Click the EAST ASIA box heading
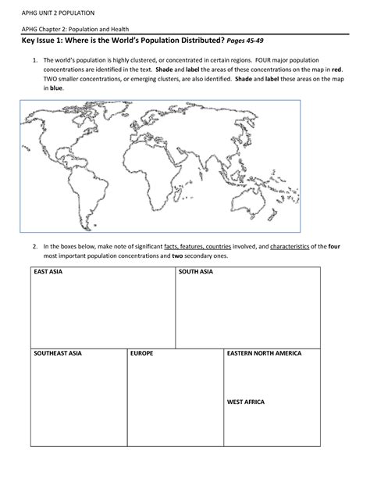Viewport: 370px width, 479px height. [x=46, y=272]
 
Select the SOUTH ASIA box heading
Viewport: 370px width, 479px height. [x=195, y=272]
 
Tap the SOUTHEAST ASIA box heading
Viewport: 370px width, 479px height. [x=57, y=353]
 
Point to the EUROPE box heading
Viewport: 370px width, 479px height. [x=142, y=353]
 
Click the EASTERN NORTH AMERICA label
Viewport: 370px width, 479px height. [x=264, y=353]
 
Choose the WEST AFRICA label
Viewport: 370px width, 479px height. [x=245, y=402]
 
